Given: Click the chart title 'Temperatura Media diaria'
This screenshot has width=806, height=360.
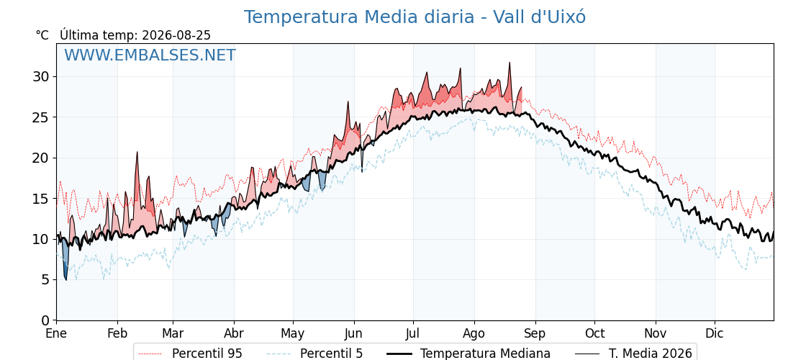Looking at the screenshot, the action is point(359,17).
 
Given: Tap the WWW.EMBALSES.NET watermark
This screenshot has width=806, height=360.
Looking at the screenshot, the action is point(150,55).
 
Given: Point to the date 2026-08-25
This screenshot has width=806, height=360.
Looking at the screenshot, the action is point(176,35).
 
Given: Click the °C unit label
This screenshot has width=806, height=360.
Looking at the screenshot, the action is point(42,35).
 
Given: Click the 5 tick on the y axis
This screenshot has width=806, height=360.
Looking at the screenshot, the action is point(46,280).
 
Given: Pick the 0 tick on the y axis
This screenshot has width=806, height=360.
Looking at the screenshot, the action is point(46,320).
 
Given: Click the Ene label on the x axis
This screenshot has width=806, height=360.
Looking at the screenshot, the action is point(56,334).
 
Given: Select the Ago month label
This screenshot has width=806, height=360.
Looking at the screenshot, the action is point(474,334).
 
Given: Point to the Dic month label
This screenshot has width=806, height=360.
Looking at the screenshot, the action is point(714,334).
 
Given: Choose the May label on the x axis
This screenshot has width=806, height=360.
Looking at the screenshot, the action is point(292,334).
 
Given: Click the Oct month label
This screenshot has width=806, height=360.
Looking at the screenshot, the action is point(594,334).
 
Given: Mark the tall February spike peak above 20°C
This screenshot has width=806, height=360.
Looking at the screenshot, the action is point(137,152).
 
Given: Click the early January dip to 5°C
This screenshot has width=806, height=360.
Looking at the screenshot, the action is point(65,279).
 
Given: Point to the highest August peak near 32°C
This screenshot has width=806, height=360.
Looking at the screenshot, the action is point(510,63).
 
